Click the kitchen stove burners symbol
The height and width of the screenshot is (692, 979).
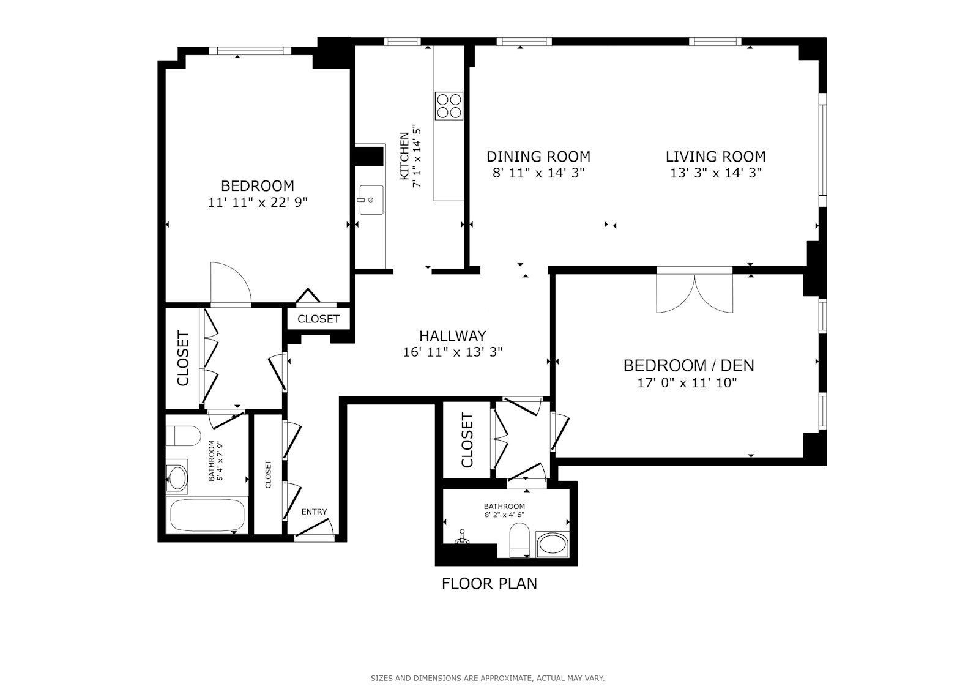449,105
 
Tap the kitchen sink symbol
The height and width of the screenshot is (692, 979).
370,200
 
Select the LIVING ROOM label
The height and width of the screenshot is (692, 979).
715,157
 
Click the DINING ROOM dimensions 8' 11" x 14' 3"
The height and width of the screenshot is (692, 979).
538,173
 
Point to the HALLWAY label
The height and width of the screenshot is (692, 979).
452,336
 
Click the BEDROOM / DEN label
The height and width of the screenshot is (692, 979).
688,366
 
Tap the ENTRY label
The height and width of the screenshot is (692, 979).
314,512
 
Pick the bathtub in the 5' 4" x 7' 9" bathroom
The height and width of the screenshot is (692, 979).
207,515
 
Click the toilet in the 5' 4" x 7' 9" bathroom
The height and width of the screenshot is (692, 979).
184,436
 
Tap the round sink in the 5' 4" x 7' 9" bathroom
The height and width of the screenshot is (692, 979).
178,478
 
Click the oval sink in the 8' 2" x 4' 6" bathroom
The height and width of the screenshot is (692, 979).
552,545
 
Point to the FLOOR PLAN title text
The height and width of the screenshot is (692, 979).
489,584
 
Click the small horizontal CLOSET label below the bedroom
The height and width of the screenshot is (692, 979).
318,319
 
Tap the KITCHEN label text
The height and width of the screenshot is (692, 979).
404,156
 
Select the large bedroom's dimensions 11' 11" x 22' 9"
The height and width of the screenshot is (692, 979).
257,203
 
